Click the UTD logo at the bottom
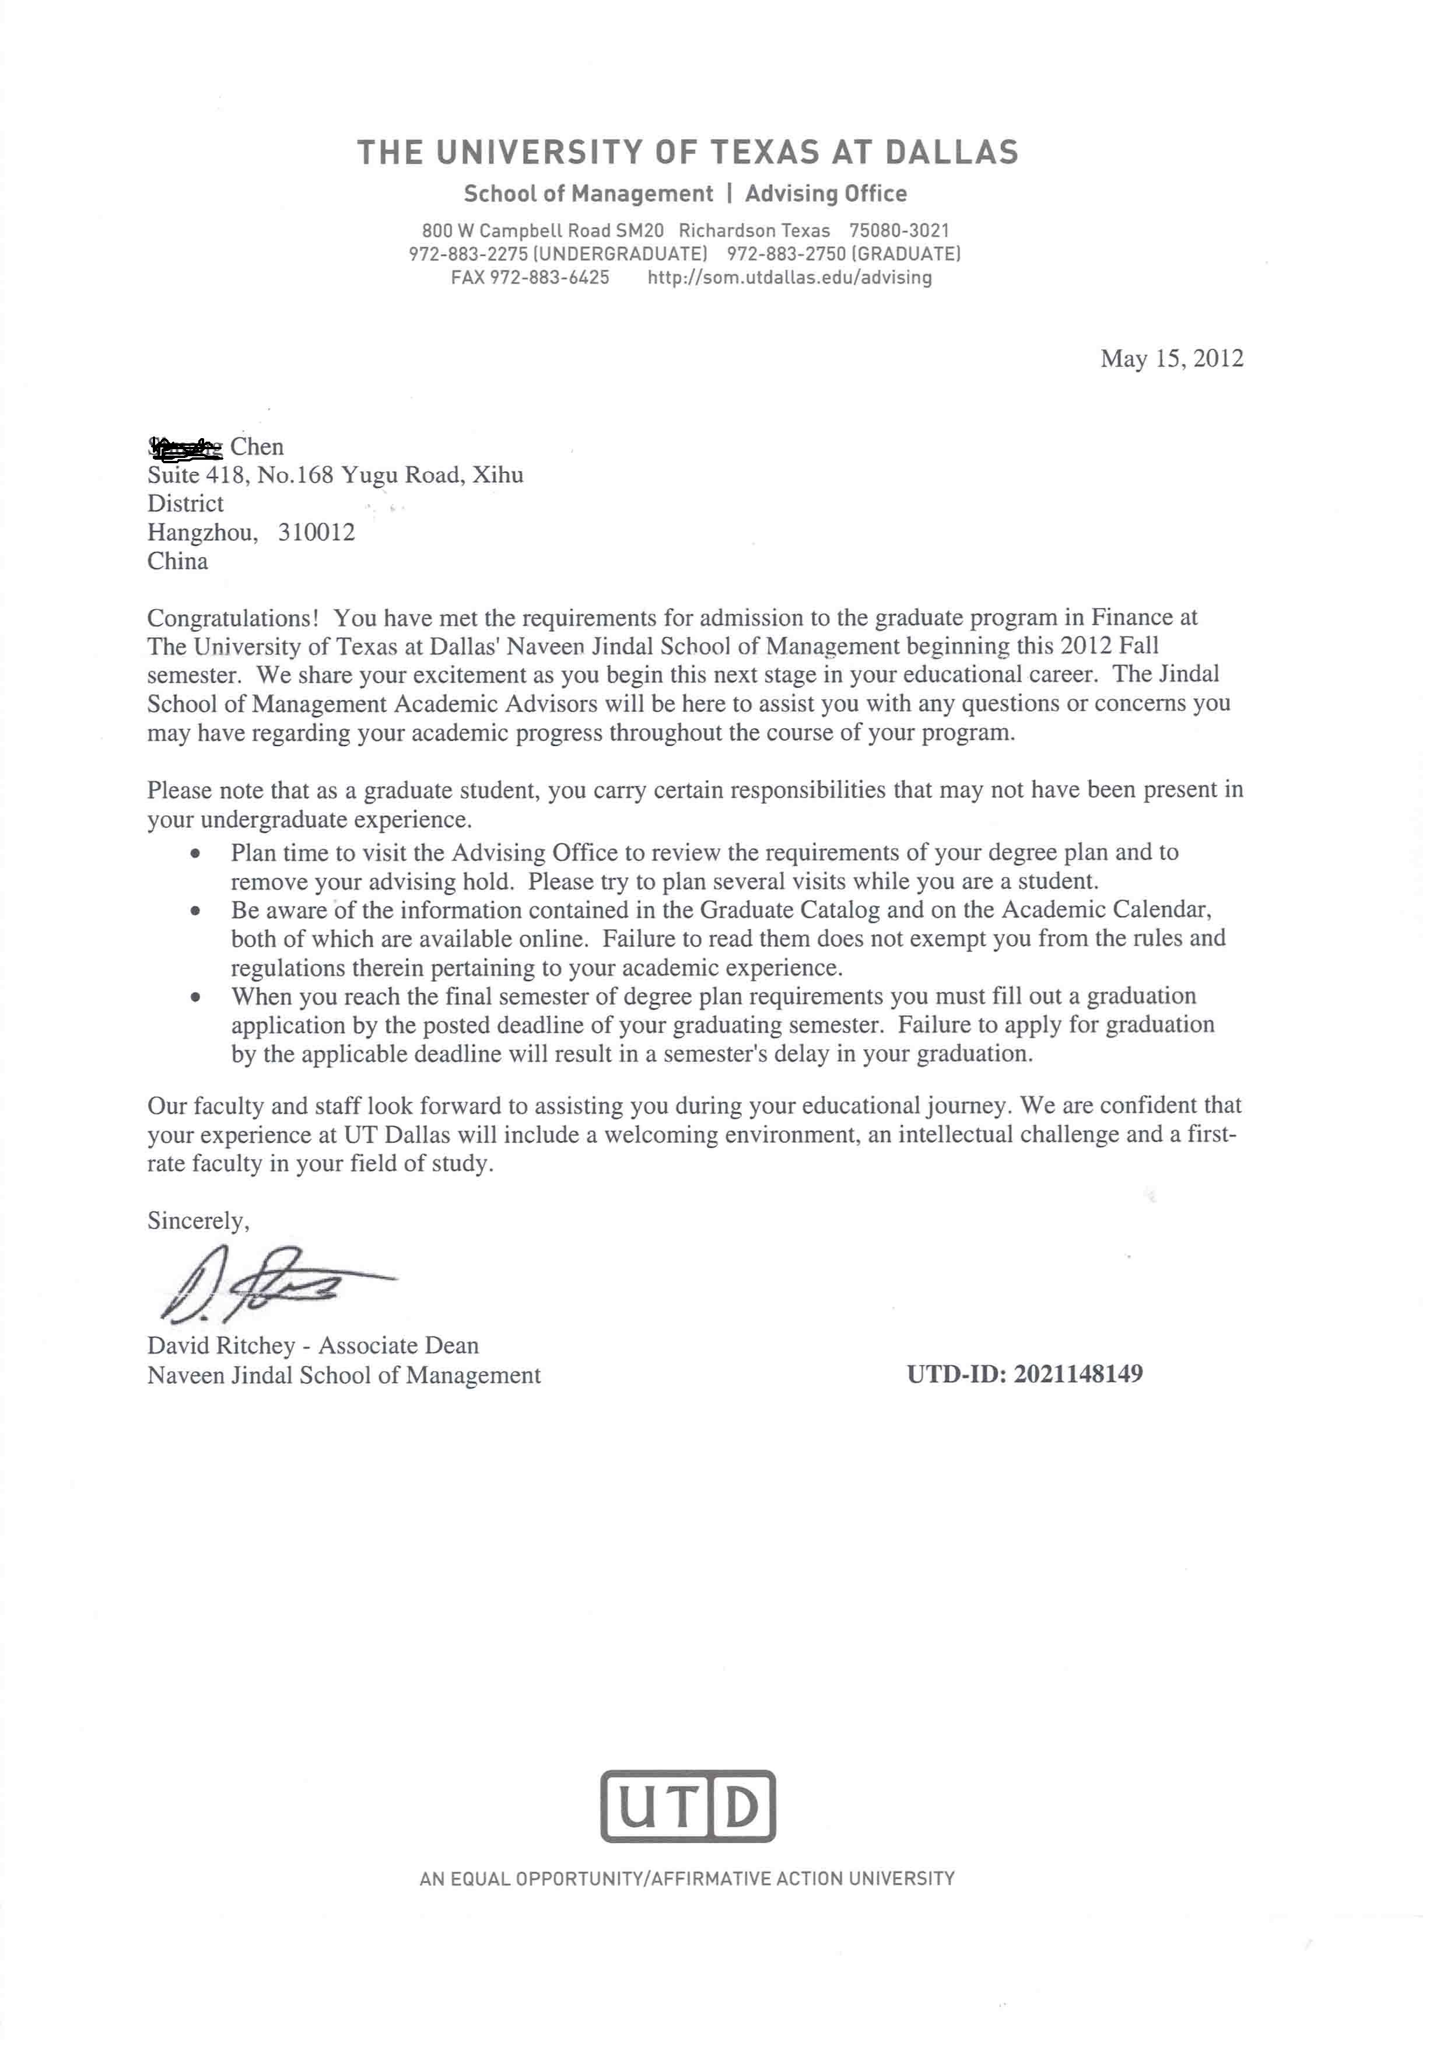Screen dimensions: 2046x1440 [687, 1806]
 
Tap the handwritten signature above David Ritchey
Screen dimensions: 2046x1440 [267, 1283]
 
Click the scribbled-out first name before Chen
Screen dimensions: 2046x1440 [185, 446]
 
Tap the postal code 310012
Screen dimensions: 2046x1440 [316, 532]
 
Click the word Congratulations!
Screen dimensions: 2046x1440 [233, 618]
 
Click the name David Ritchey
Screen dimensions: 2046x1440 [221, 1345]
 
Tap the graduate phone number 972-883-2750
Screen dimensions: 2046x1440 [786, 254]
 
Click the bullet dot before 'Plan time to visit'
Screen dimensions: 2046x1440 [195, 854]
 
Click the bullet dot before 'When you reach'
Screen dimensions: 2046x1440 [195, 997]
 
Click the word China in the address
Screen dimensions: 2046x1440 [177, 561]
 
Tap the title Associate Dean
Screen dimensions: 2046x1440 [398, 1345]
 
